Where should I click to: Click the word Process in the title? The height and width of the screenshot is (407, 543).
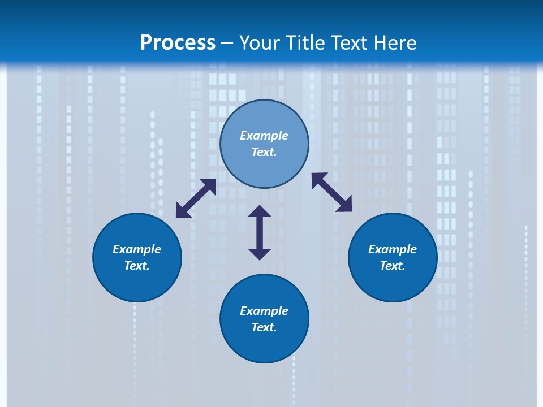178,43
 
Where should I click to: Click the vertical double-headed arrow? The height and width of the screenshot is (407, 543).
260,232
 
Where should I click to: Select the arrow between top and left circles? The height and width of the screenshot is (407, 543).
196,198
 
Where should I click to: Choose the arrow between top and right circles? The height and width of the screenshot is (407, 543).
332,192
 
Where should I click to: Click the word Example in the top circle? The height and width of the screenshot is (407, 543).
264,136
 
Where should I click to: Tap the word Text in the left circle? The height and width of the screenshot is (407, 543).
137,266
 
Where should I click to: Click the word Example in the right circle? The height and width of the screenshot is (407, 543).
393,249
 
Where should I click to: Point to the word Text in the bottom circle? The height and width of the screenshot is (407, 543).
264,327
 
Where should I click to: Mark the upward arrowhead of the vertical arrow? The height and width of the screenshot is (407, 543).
260,212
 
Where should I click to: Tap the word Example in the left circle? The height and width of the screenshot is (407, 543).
137,249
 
